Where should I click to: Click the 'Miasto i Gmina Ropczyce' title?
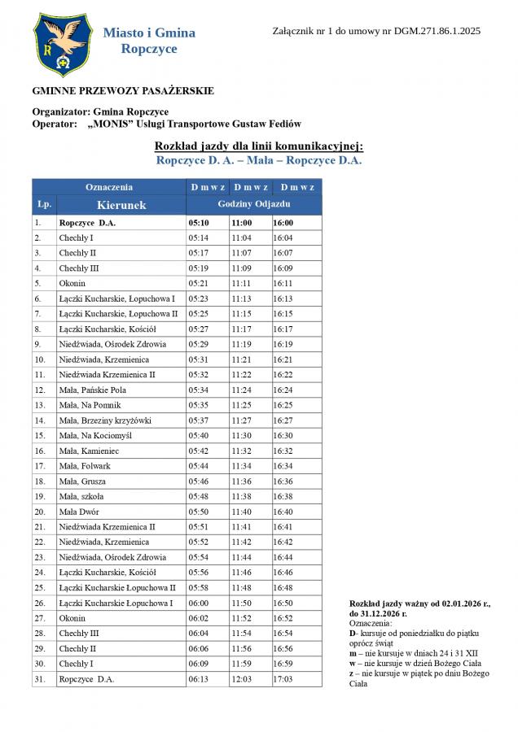(x=149, y=41)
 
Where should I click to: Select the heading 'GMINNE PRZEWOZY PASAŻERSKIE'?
(x=123, y=91)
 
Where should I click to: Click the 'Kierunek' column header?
(x=121, y=205)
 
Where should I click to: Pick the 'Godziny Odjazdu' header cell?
(x=254, y=204)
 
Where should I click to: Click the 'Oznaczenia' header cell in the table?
(x=109, y=187)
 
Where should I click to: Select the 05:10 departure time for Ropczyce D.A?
(x=199, y=222)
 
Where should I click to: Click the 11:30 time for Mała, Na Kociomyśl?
(x=241, y=436)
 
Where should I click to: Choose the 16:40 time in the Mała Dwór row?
(x=283, y=512)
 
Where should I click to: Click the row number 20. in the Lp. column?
(x=39, y=512)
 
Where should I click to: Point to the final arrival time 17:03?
(x=283, y=679)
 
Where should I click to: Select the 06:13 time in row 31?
(x=199, y=679)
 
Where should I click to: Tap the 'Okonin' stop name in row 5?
(x=72, y=283)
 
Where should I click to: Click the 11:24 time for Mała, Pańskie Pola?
(x=241, y=390)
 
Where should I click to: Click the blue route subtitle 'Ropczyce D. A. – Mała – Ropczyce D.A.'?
(x=258, y=160)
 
